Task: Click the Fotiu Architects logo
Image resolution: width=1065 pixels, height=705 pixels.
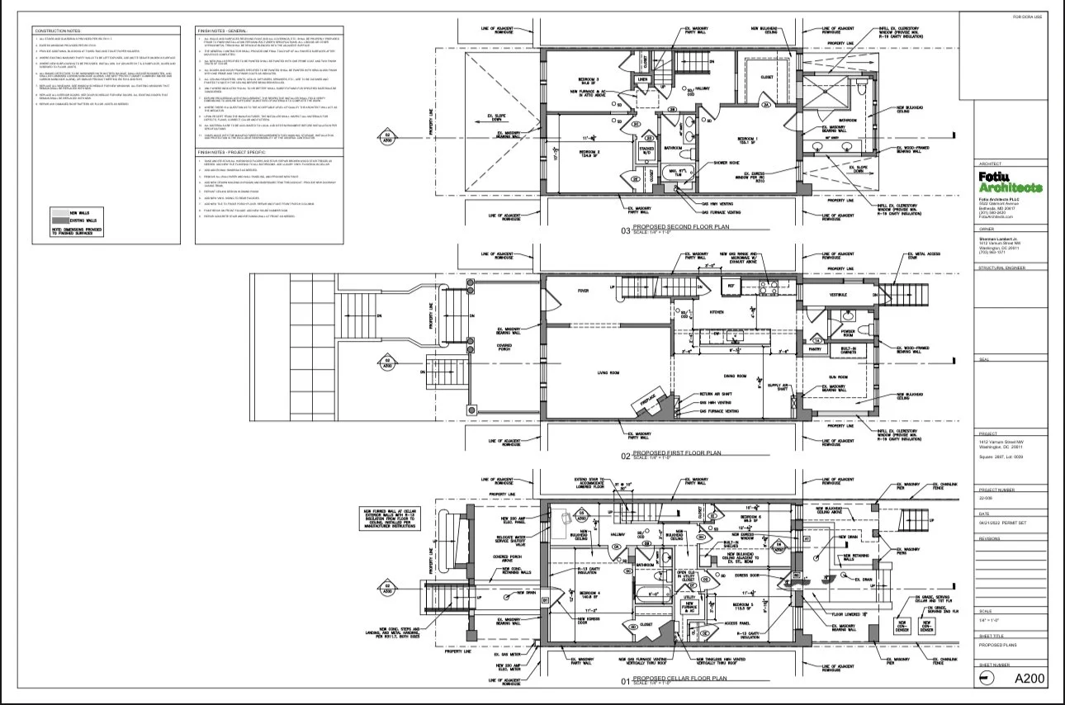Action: [x=1009, y=182]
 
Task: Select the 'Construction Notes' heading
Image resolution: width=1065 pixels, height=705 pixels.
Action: [x=56, y=31]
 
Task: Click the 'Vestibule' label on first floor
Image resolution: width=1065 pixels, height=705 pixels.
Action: [x=838, y=295]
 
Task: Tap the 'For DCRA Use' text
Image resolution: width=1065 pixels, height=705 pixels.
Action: [x=1027, y=17]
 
